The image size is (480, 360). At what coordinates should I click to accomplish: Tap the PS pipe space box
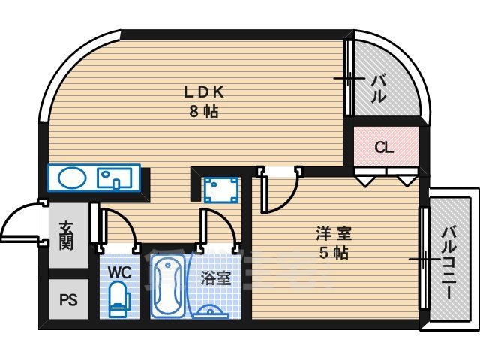pos(68,301)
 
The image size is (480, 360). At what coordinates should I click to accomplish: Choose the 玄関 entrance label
pos(67,235)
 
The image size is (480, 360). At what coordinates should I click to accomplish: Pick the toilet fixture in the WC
pos(118,301)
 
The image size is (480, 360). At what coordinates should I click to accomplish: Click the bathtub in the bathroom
pos(168,286)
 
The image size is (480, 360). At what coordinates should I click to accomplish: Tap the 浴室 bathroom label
pos(215,277)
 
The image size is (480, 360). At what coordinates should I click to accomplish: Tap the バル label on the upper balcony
pos(379,85)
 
